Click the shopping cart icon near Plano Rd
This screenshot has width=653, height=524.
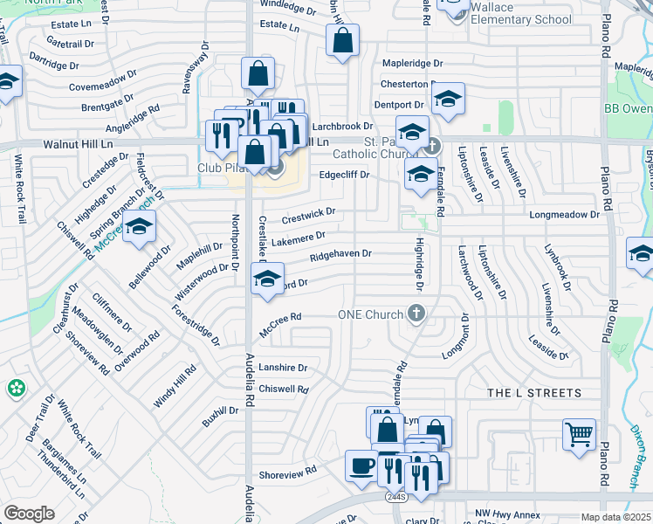(x=580, y=434)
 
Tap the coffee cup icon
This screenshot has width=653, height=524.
(x=360, y=465)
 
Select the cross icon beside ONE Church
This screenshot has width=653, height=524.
(x=416, y=314)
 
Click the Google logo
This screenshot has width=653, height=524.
(x=29, y=513)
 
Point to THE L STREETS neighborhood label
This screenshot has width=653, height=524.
(x=533, y=393)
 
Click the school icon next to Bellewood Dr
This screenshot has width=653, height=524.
(x=139, y=228)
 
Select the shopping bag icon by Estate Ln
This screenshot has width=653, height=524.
(x=342, y=40)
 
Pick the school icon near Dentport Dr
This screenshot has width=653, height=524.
(x=448, y=98)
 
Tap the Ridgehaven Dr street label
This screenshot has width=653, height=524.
(x=340, y=254)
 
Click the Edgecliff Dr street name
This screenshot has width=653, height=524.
(x=344, y=175)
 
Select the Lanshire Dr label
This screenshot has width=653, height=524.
(x=283, y=369)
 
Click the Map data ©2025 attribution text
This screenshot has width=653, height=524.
(x=615, y=517)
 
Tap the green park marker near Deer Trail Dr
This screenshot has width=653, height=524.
(x=16, y=388)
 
